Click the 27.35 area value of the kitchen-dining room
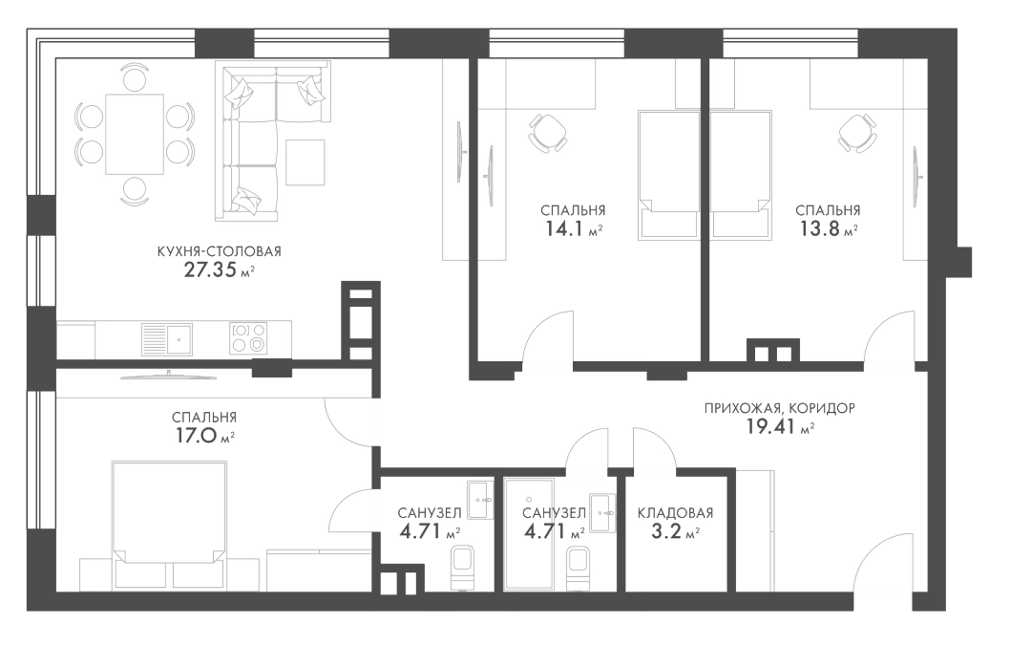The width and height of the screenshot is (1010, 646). pyautogui.click(x=211, y=269)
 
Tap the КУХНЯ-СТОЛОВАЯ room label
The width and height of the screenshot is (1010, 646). pyautogui.click(x=219, y=251)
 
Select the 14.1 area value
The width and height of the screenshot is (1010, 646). pyautogui.click(x=563, y=229)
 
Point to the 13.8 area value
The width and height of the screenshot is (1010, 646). pyautogui.click(x=819, y=229)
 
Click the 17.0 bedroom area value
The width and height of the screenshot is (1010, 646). pyautogui.click(x=196, y=436)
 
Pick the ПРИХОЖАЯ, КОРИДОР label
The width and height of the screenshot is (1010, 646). pyautogui.click(x=779, y=408)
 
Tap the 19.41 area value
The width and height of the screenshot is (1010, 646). pyautogui.click(x=771, y=426)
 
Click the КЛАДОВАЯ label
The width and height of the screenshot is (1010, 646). pyautogui.click(x=675, y=513)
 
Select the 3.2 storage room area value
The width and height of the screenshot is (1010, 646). pyautogui.click(x=666, y=532)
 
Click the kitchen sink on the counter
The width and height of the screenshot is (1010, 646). pyautogui.click(x=166, y=339)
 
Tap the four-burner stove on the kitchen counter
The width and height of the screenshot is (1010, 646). pyautogui.click(x=248, y=338)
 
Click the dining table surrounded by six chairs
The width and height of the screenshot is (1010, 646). pyautogui.click(x=134, y=134)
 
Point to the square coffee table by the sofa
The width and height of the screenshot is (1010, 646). pyautogui.click(x=305, y=161)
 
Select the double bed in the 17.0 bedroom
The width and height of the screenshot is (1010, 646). pyautogui.click(x=169, y=525)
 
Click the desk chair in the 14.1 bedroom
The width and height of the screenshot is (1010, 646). pyautogui.click(x=548, y=132)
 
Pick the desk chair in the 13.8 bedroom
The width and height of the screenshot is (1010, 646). pyautogui.click(x=857, y=133)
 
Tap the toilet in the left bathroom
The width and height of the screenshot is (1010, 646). pyautogui.click(x=462, y=568)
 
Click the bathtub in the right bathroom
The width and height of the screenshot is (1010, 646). pyautogui.click(x=529, y=533)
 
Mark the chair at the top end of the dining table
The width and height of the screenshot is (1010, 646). pyautogui.click(x=134, y=78)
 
